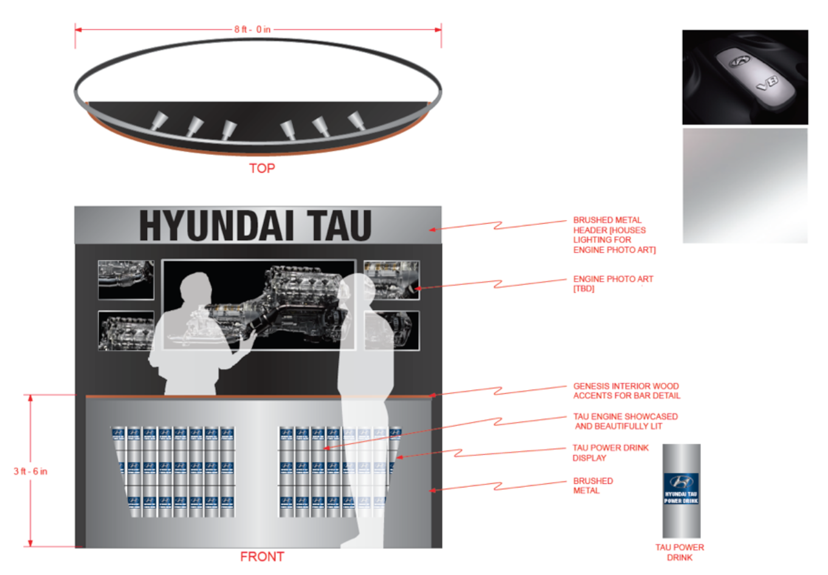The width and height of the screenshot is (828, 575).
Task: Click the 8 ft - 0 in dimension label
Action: pyautogui.click(x=252, y=29)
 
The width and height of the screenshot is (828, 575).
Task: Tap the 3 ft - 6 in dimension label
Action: pyautogui.click(x=30, y=471)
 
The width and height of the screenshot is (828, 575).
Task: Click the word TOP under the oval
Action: pyautogui.click(x=262, y=168)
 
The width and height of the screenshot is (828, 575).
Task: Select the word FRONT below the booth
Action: pyautogui.click(x=262, y=557)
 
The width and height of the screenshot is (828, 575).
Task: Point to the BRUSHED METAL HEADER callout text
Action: pyautogui.click(x=614, y=235)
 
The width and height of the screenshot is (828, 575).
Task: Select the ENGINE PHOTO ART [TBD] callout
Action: pyautogui.click(x=613, y=283)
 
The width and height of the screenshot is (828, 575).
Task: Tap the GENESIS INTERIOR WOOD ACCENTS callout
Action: pyautogui.click(x=626, y=391)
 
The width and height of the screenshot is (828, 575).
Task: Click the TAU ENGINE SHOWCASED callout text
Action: pyautogui.click(x=625, y=421)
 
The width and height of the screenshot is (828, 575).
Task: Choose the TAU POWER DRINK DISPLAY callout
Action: pyautogui.click(x=610, y=453)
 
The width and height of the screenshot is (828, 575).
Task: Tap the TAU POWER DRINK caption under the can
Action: pyautogui.click(x=679, y=553)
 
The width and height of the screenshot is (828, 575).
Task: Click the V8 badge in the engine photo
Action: pyautogui.click(x=767, y=83)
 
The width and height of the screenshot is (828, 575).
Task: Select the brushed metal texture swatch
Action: pyautogui.click(x=745, y=185)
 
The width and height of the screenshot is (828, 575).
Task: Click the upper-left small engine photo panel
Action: pyautogui.click(x=126, y=280)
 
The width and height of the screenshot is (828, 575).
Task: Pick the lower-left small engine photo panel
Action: pyautogui.click(x=126, y=331)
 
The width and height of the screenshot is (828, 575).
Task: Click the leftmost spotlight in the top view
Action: pyautogui.click(x=159, y=120)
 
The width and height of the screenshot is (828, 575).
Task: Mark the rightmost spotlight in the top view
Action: pyautogui.click(x=357, y=120)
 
